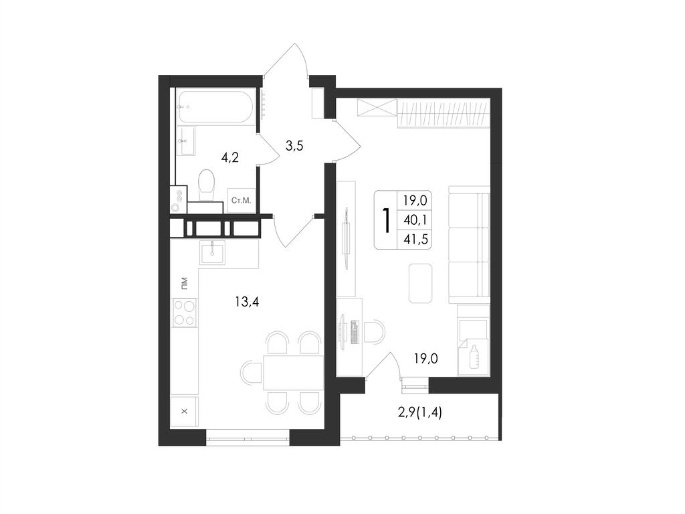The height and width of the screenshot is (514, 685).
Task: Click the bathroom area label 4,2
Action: (x=230, y=157)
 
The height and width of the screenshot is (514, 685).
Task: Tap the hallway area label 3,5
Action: (x=294, y=145)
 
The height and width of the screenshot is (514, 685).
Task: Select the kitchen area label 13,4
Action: (x=247, y=301)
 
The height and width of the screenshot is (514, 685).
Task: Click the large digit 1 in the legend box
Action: (x=386, y=220)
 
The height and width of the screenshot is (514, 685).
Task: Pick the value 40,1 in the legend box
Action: (x=415, y=220)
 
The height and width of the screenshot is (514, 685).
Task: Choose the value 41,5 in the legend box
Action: (x=415, y=240)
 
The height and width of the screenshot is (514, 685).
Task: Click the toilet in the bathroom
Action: (x=207, y=185)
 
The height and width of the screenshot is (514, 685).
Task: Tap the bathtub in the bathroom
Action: (x=216, y=106)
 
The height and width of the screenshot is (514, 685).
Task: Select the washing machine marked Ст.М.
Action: (x=241, y=201)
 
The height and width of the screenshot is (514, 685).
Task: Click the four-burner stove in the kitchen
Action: (x=184, y=313)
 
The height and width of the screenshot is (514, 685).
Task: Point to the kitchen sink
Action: (x=212, y=252)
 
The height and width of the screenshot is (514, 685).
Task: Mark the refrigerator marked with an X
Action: (x=184, y=412)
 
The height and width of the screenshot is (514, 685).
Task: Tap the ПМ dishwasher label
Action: (x=184, y=283)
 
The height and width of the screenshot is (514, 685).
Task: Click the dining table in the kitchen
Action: (x=293, y=372)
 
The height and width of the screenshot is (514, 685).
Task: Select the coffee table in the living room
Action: (x=420, y=283)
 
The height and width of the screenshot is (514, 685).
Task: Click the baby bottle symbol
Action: (x=474, y=356)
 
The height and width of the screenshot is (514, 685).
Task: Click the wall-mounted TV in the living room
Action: (x=347, y=238)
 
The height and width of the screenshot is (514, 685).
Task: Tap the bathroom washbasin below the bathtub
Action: (x=187, y=141)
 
